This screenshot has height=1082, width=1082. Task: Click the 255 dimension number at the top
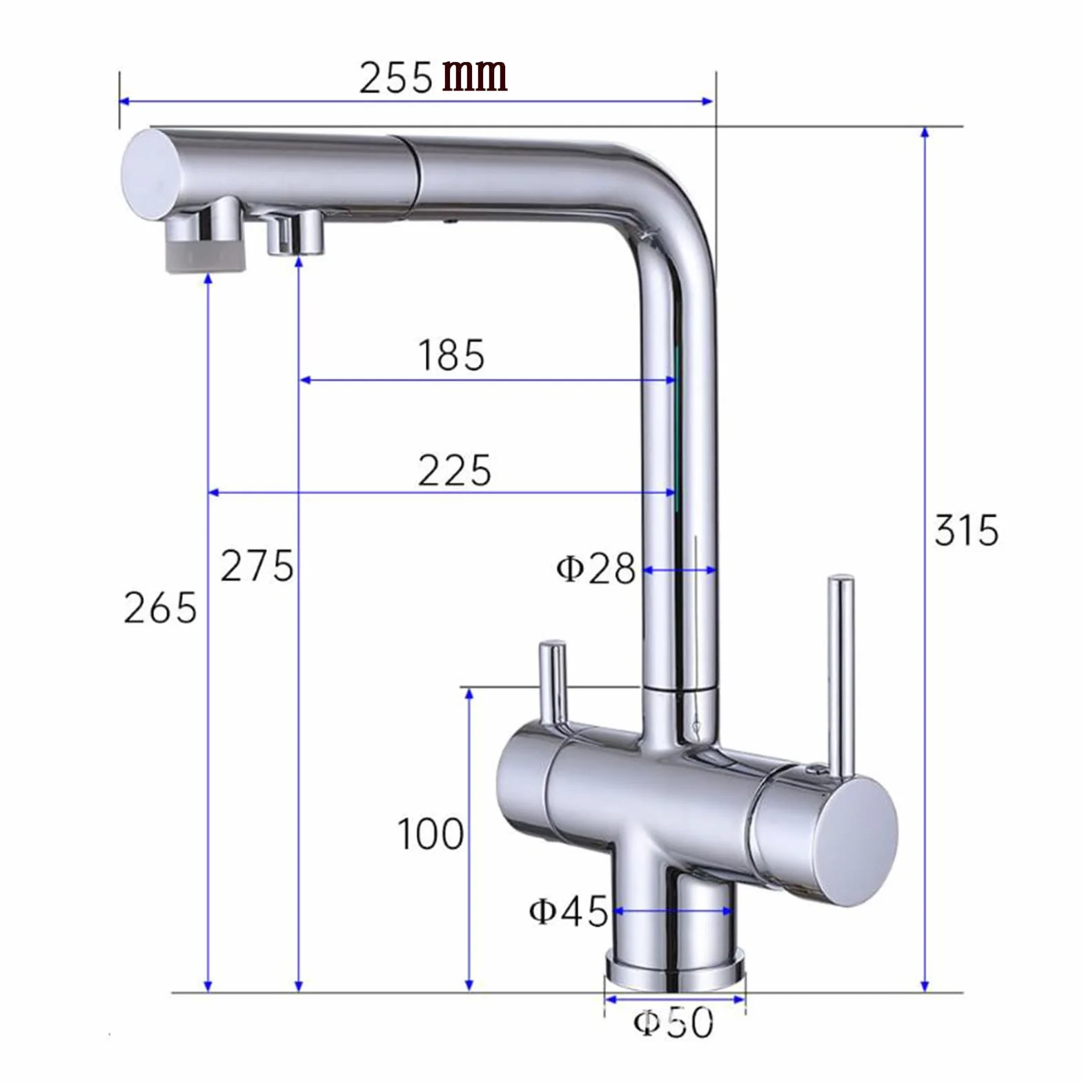point(395,77)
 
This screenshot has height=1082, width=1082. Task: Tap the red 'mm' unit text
point(475,75)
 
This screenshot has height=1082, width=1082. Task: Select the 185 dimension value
point(451,355)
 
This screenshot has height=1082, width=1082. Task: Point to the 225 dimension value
point(454,471)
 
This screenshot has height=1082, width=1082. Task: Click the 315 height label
point(966,530)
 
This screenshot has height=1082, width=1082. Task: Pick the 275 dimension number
point(257,566)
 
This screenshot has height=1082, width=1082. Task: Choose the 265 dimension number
point(160,608)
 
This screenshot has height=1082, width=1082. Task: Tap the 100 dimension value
point(431,834)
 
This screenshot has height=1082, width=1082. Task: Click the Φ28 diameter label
point(595,569)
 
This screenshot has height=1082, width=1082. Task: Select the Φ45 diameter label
point(569,910)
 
